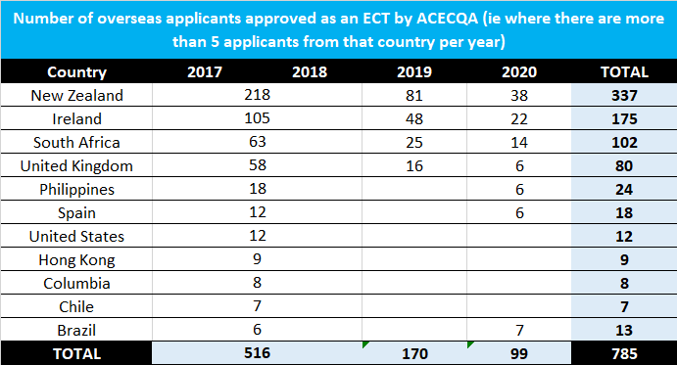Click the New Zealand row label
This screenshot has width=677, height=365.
pyautogui.click(x=76, y=95)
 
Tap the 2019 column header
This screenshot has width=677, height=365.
pyautogui.click(x=414, y=71)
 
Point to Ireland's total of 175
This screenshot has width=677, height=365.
pyautogui.click(x=624, y=118)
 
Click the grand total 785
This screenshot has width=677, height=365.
pyautogui.click(x=624, y=353)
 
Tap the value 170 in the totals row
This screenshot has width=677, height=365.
pyautogui.click(x=414, y=353)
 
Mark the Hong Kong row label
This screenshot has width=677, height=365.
pyautogui.click(x=76, y=259)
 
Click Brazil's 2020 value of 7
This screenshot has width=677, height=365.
pyautogui.click(x=519, y=330)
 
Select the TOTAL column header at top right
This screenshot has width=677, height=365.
pyautogui.click(x=624, y=71)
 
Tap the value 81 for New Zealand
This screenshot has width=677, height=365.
pyautogui.click(x=414, y=95)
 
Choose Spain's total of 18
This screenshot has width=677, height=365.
pyautogui.click(x=624, y=212)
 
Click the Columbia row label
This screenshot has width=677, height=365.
pyautogui.click(x=76, y=283)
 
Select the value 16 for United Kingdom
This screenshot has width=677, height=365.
pyautogui.click(x=414, y=165)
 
